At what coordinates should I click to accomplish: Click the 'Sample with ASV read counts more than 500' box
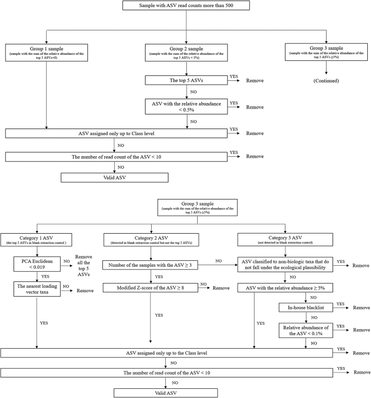pyautogui.click(x=186, y=6)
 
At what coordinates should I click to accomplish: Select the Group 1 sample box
pyautogui.click(x=46, y=53)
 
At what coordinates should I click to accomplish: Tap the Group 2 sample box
pyautogui.click(x=186, y=53)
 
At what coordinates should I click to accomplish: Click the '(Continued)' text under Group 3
pyautogui.click(x=326, y=80)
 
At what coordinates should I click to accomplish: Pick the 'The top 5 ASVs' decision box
pyautogui.click(x=186, y=80)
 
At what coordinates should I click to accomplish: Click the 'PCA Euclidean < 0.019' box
pyautogui.click(x=36, y=264)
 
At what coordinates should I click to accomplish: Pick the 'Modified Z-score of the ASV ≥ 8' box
pyautogui.click(x=150, y=287)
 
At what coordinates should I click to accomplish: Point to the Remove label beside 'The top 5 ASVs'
pyautogui.click(x=255, y=80)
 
